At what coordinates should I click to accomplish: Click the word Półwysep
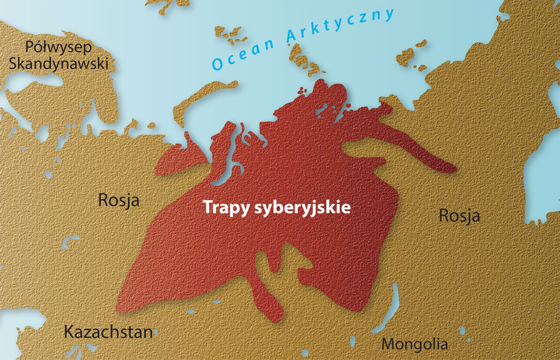click(x=59, y=48)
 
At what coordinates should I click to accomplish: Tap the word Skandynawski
click(x=59, y=63)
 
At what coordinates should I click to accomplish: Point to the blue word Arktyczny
click(x=340, y=25)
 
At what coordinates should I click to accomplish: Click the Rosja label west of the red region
click(x=119, y=200)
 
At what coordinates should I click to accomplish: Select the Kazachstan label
click(x=108, y=332)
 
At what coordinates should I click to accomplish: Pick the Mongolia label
click(x=414, y=344)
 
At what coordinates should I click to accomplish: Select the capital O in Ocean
click(x=217, y=64)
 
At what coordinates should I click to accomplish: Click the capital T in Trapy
click(x=207, y=207)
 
